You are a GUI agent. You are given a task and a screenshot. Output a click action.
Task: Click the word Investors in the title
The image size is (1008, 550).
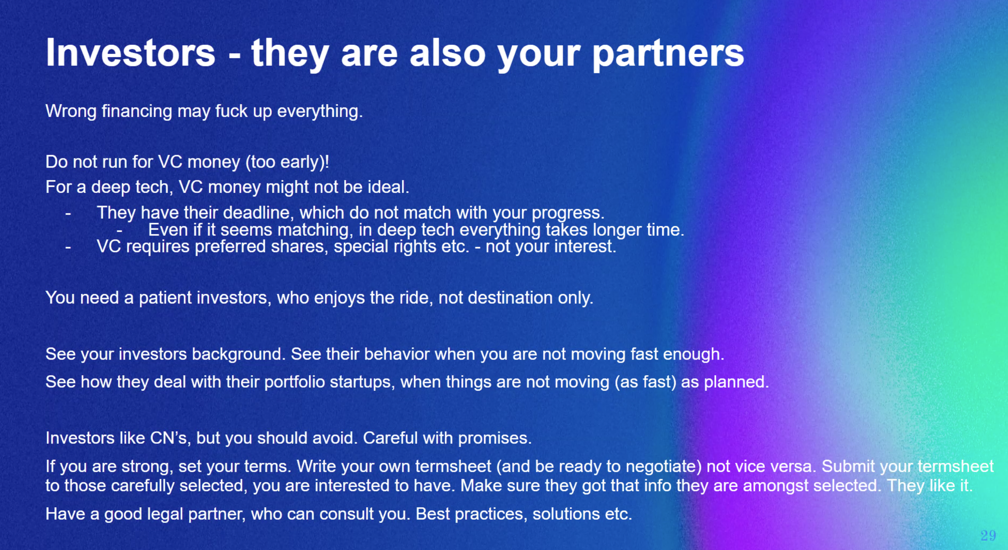(x=130, y=53)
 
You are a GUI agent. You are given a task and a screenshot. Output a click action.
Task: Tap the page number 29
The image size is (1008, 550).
(x=988, y=536)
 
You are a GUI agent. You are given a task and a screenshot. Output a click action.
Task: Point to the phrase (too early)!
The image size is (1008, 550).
(x=287, y=162)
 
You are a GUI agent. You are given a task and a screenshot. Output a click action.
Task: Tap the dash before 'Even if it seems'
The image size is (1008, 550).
(x=119, y=231)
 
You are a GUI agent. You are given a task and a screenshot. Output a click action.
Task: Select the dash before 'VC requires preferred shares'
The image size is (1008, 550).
(x=68, y=247)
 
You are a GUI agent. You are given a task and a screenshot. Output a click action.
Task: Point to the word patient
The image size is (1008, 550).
(x=165, y=298)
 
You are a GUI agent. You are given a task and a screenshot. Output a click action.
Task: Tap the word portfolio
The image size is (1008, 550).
(x=294, y=382)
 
